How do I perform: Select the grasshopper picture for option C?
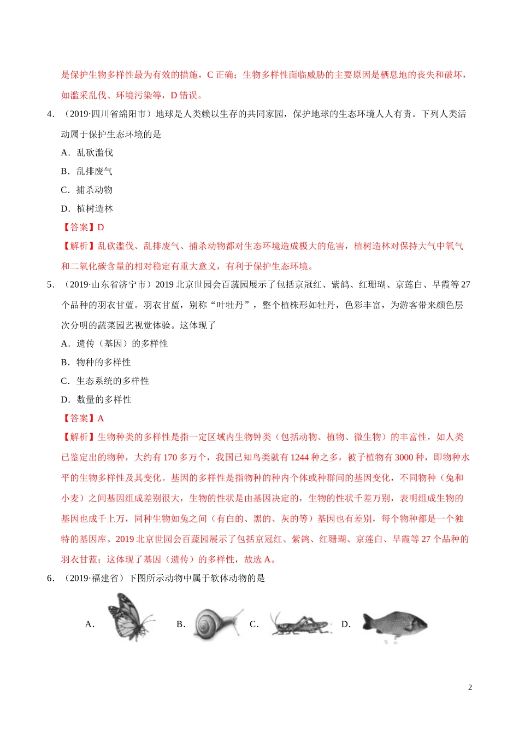(x=300, y=624)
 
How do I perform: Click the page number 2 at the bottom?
(x=470, y=687)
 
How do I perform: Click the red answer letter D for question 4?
(x=101, y=227)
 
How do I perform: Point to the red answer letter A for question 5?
(x=101, y=418)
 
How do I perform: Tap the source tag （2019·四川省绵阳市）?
(x=107, y=114)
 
